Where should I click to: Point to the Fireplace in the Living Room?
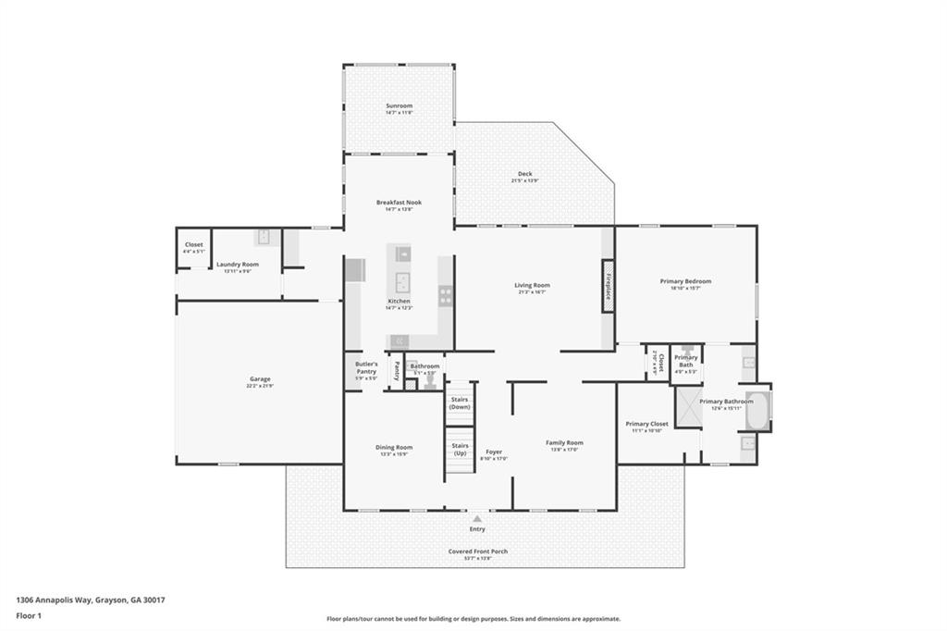[x=608, y=286]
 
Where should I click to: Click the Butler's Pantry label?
[x=366, y=367]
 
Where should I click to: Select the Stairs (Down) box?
[x=460, y=403]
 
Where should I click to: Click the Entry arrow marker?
[x=477, y=519]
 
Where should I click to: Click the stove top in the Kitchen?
[x=445, y=296]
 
